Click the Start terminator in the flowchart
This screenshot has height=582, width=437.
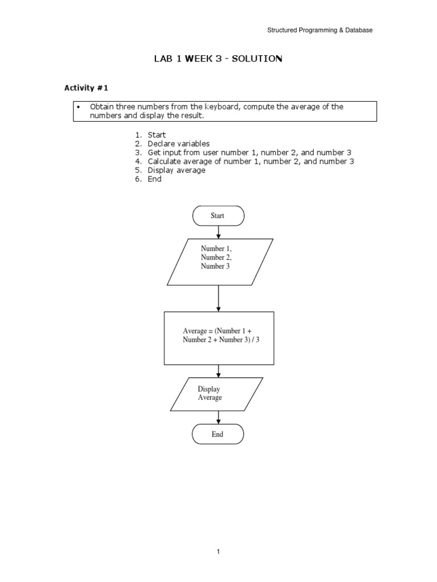click(218, 215)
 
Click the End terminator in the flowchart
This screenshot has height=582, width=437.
click(218, 434)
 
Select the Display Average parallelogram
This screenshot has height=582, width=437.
click(216, 394)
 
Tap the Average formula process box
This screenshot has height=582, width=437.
click(219, 338)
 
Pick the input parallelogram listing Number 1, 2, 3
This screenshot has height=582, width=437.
click(220, 261)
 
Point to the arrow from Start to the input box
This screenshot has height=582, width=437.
click(218, 232)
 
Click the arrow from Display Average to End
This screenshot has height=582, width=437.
click(218, 418)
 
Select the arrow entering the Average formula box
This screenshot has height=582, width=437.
click(218, 298)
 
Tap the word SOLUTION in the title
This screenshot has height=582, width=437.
click(255, 59)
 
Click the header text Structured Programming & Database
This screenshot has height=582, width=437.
click(320, 30)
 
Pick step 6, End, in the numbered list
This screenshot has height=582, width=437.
click(154, 179)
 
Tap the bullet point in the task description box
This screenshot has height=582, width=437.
click(79, 107)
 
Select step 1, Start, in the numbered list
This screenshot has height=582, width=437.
click(156, 135)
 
